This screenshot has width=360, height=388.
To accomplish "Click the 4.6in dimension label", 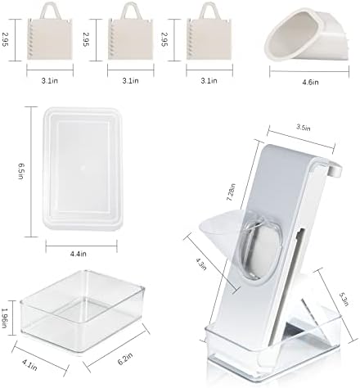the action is pyautogui.click(x=310, y=82).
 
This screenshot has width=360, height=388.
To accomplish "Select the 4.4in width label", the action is pyautogui.click(x=79, y=254).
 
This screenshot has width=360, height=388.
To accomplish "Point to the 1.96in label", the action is pyautogui.click(x=4, y=318).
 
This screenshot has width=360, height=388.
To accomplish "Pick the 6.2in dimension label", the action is pyautogui.click(x=125, y=359).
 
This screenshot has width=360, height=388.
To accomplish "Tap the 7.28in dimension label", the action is pyautogui.click(x=231, y=192).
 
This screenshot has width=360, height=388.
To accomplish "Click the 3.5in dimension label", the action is pyautogui.click(x=303, y=128).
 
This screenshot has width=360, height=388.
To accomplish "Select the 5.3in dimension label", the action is pyautogui.click(x=344, y=299).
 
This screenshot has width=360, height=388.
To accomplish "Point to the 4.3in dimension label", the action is pyautogui.click(x=201, y=264).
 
